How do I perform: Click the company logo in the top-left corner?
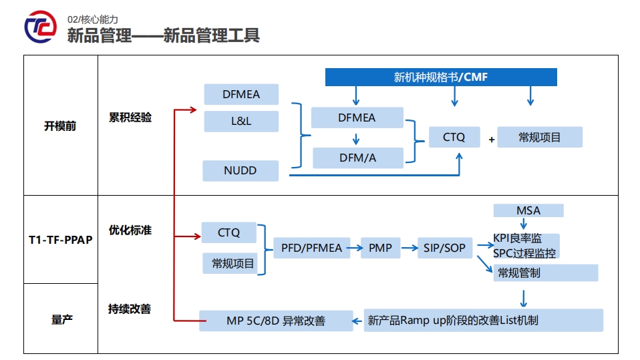pos(41,27)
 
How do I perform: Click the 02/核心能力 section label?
pos(93,19)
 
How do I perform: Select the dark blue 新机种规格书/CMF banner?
pos(441,77)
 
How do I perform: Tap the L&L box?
pos(241,121)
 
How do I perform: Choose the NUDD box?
pos(241,170)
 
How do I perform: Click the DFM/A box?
pos(357,158)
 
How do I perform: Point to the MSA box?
pos(528,210)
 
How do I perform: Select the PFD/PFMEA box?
pos(311,248)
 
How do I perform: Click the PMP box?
pos(380,248)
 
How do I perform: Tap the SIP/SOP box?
pos(444,248)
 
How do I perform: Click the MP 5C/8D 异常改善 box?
pos(276,321)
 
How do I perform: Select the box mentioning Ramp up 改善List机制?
pos(484,321)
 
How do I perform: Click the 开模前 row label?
pos(60,126)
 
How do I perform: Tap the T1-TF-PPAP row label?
pos(60,239)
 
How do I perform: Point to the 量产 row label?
pos(61,319)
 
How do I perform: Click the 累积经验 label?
pos(130,118)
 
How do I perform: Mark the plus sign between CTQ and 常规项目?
pos(492,140)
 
